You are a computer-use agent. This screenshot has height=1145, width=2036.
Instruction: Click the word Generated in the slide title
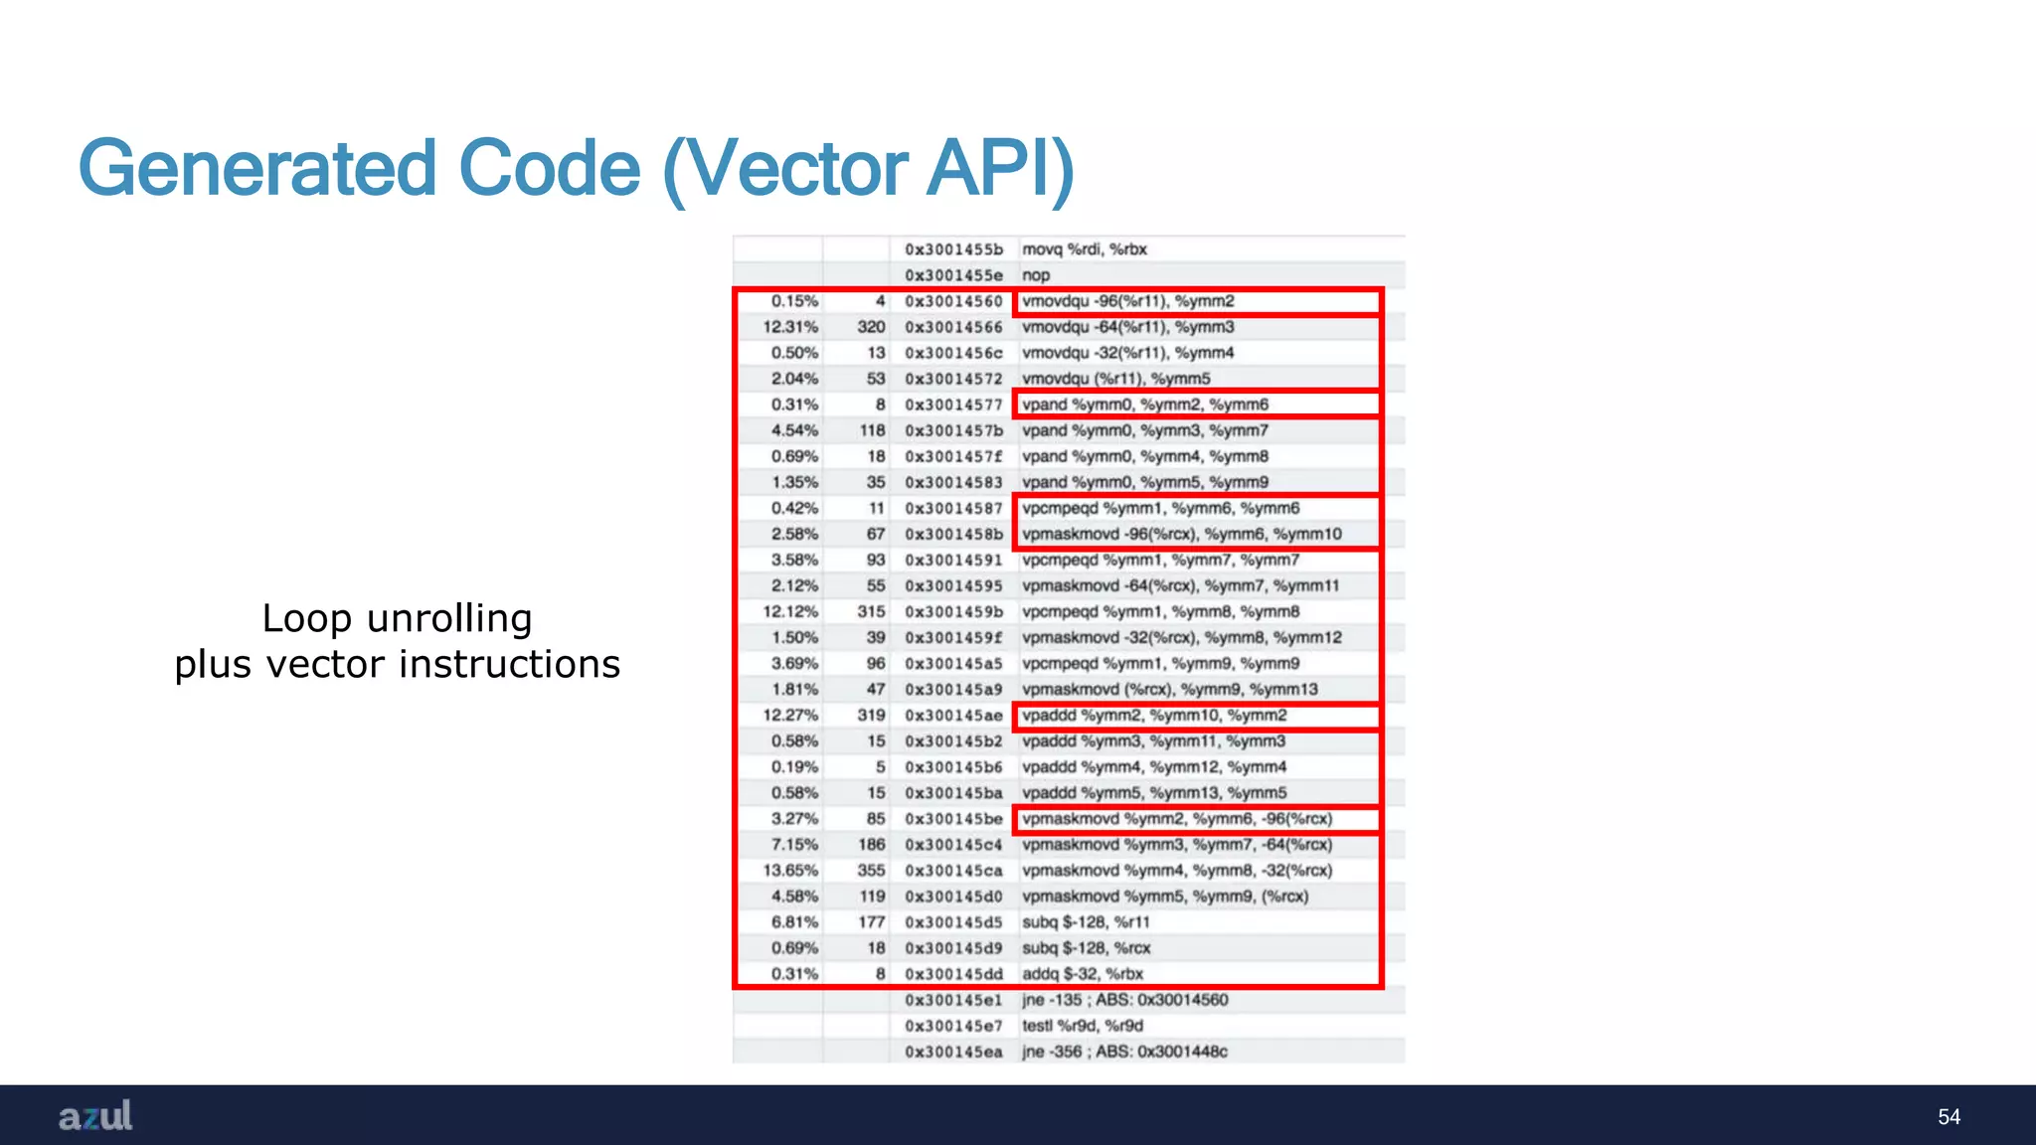tap(257, 169)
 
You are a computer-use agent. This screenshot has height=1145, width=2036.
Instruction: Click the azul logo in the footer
tap(95, 1116)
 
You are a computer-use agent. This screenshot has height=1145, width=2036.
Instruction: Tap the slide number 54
tap(1949, 1117)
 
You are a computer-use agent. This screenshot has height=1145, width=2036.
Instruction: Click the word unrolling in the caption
tap(449, 618)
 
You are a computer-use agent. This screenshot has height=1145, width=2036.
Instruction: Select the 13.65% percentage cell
tap(791, 871)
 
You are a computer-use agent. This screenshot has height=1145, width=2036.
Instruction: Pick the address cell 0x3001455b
tap(953, 249)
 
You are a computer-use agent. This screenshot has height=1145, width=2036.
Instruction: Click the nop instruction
tap(1036, 275)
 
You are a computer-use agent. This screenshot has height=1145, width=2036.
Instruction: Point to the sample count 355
tap(871, 871)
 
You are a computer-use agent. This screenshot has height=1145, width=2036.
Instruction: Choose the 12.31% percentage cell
tap(791, 327)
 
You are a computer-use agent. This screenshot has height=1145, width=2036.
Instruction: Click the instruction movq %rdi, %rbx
tap(1085, 249)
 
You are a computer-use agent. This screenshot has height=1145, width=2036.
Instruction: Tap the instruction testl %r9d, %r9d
tap(1083, 1026)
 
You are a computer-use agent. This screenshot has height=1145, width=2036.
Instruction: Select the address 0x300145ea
tap(953, 1052)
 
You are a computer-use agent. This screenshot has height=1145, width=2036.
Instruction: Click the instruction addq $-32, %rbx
tap(1083, 974)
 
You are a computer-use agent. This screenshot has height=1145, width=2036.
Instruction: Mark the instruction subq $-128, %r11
tap(1086, 922)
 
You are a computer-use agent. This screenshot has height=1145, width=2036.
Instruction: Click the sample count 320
tap(871, 327)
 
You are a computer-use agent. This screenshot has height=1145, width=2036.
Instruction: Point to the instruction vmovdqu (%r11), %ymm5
tap(1116, 379)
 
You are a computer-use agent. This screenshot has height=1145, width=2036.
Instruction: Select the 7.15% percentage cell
tap(794, 845)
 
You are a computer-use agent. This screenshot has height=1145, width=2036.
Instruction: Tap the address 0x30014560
tap(953, 301)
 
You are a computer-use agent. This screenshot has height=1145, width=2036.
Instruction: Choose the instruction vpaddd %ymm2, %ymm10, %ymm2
tap(1154, 716)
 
